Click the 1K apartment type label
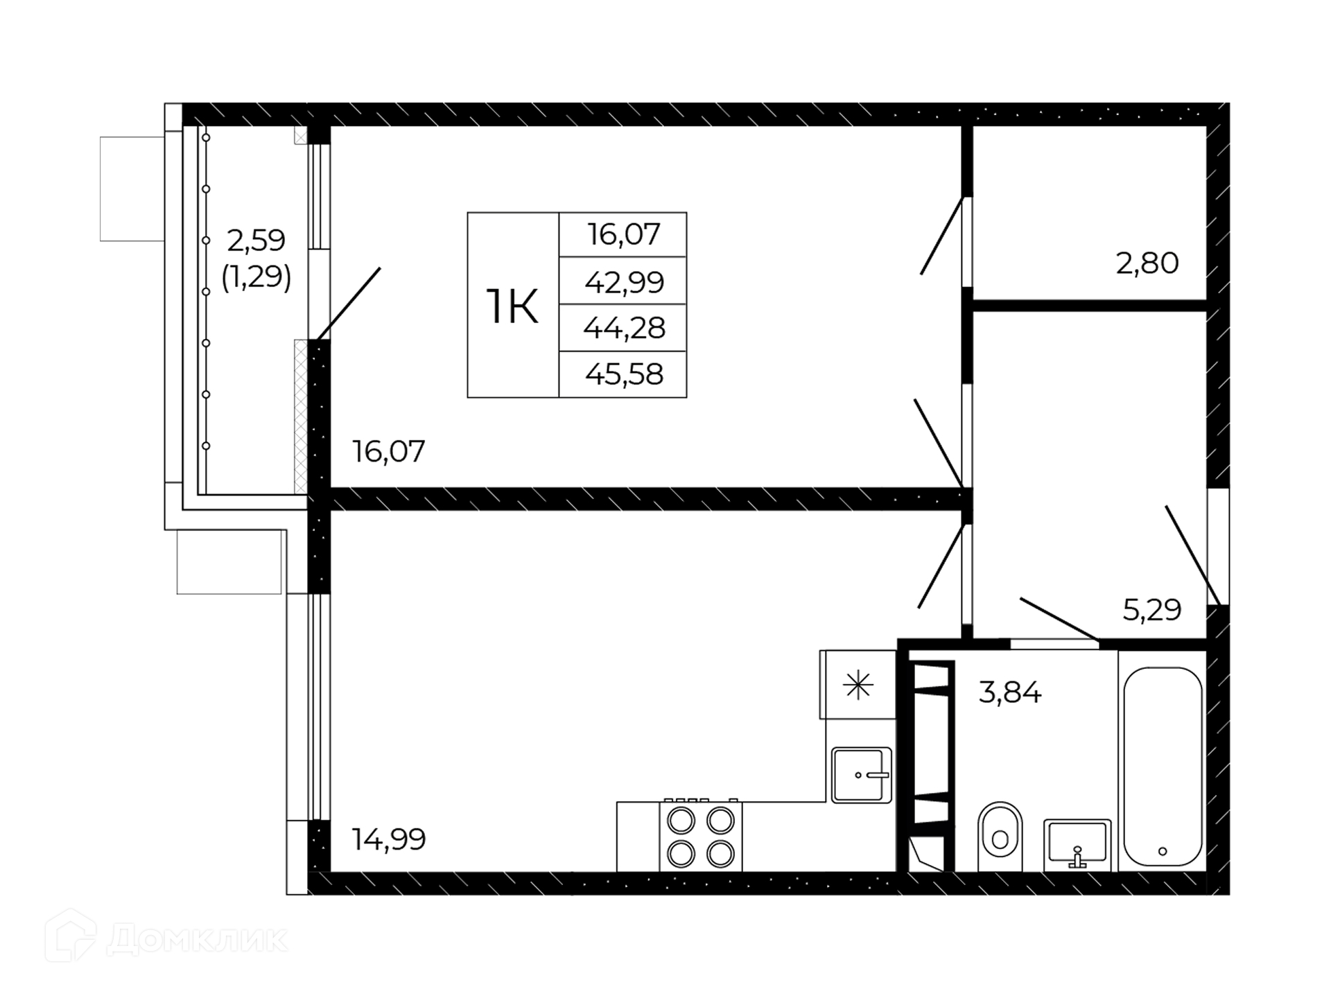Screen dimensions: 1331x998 [x=512, y=306]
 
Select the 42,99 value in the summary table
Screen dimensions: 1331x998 [x=624, y=282]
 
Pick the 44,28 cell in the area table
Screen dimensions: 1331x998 [x=624, y=328]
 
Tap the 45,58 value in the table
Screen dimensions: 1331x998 [x=624, y=374]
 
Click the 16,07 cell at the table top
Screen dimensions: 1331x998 [x=624, y=234]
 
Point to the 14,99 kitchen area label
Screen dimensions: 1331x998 [x=388, y=839]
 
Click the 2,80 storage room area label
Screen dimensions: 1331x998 [x=1147, y=263]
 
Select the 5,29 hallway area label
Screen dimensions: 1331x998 [x=1152, y=610]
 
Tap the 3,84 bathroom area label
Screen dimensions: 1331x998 [x=1010, y=692]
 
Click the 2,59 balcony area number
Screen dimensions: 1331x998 [x=256, y=240]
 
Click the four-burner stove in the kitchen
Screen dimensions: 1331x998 [x=701, y=836]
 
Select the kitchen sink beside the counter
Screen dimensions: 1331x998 [x=862, y=775]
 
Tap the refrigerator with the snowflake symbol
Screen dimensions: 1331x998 [x=858, y=685]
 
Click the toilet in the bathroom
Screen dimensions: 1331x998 [x=1000, y=837]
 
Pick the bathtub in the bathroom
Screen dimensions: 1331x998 [x=1163, y=767]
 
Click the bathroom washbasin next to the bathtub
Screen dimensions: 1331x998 [x=1077, y=844]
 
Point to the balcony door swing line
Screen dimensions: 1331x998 [x=349, y=303]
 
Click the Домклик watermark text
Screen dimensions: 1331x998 [x=198, y=940]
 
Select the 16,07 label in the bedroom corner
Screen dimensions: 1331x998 [x=388, y=451]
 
